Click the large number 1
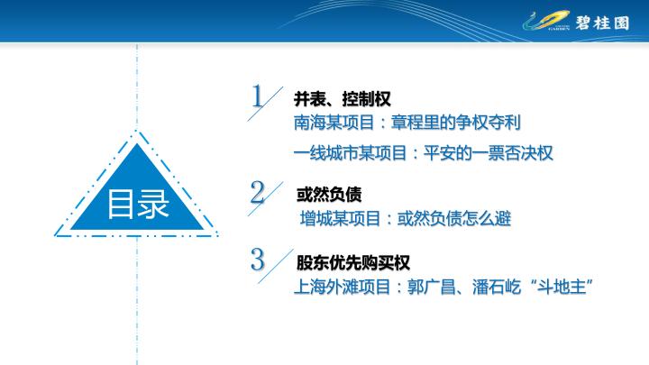(x=257, y=96)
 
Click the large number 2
(x=258, y=192)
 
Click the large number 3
(x=258, y=260)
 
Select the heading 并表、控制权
(x=342, y=99)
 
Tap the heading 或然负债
(x=329, y=195)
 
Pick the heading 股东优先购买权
(x=353, y=262)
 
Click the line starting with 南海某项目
(x=407, y=123)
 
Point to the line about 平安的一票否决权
(x=423, y=153)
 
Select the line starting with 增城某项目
(x=406, y=218)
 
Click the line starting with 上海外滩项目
(x=443, y=287)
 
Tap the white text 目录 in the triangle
(x=138, y=204)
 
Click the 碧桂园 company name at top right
(x=602, y=23)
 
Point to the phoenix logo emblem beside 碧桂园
(x=546, y=21)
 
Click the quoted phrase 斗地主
(x=562, y=287)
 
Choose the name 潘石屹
(x=497, y=287)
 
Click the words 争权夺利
(x=488, y=123)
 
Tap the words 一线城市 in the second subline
(x=326, y=153)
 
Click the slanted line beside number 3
(x=276, y=266)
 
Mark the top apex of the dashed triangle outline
(x=136, y=131)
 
